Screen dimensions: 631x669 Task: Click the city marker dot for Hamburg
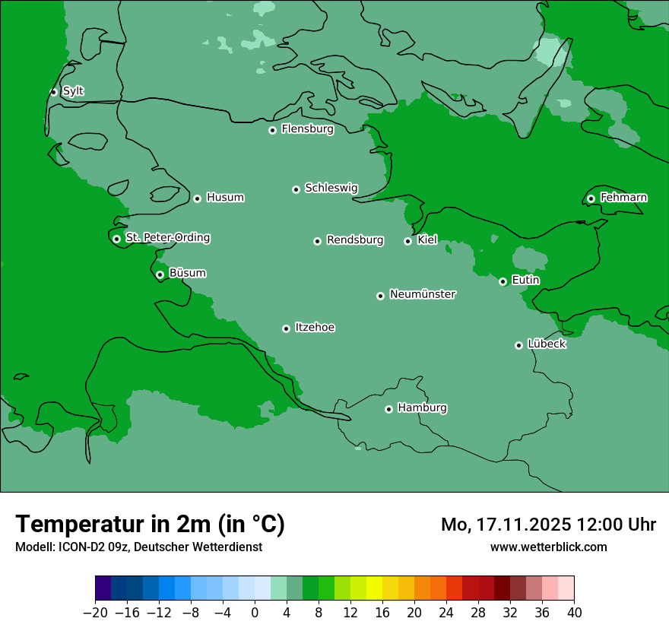point(388,409)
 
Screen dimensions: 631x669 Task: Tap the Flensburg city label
point(307,129)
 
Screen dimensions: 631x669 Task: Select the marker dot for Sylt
point(53,92)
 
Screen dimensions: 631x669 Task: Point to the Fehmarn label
point(623,198)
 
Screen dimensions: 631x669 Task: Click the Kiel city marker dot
point(407,241)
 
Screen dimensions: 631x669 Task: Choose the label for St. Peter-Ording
point(167,238)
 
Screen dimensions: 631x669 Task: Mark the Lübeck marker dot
point(518,345)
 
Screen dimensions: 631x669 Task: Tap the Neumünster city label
point(422,294)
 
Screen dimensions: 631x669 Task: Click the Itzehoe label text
point(315,328)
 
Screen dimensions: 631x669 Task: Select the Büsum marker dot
point(160,275)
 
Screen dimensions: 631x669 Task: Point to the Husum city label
point(225,198)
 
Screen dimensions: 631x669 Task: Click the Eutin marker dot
point(503,282)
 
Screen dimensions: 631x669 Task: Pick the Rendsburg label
point(354,240)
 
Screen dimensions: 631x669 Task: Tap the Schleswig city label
point(331,188)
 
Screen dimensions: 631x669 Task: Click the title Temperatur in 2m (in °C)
point(150,524)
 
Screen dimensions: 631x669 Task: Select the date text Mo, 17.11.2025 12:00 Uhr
point(548,525)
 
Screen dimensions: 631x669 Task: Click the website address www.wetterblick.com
point(548,547)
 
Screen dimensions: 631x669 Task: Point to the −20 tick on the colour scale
point(96,613)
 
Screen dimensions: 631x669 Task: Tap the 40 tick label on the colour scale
point(574,613)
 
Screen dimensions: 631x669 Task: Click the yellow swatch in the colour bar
point(374,588)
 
